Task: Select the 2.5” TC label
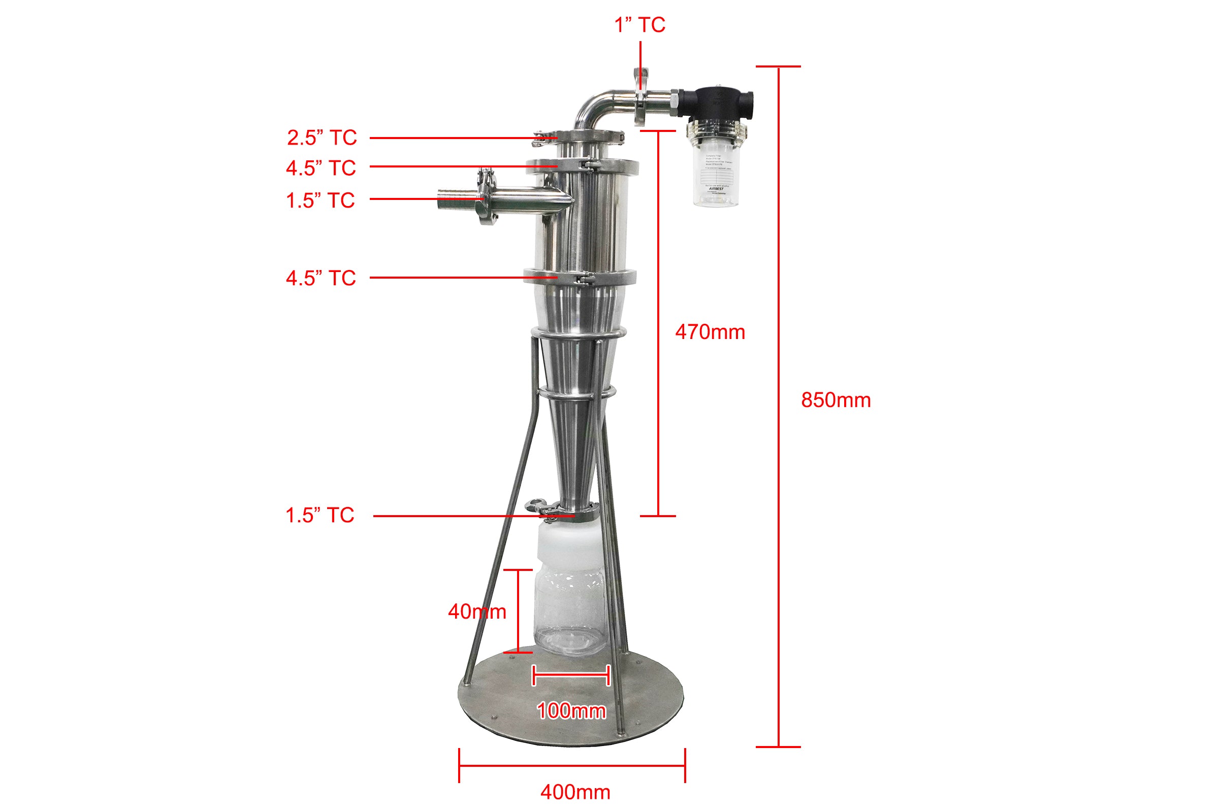pos(322,138)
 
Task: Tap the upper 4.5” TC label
pos(321,168)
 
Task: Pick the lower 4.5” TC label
pos(321,279)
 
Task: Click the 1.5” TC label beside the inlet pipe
pos(320,200)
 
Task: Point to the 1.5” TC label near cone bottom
pos(320,515)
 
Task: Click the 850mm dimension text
pos(836,400)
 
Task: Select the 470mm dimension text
pos(710,332)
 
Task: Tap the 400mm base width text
pos(575,792)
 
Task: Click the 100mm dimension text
pos(570,710)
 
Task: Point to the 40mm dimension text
pos(477,612)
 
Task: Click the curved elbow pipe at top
pos(596,106)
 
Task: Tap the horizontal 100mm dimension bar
pos(570,675)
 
